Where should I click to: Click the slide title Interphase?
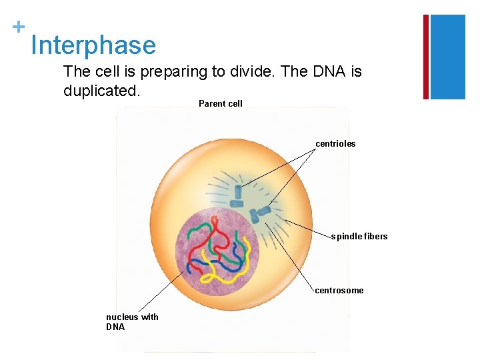pyautogui.click(x=93, y=45)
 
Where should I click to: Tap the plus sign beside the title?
pyautogui.click(x=18, y=27)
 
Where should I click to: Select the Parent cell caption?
pyautogui.click(x=221, y=103)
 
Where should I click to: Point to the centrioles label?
pyautogui.click(x=335, y=143)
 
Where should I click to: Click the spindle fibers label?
pyautogui.click(x=359, y=237)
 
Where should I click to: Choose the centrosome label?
pyautogui.click(x=339, y=290)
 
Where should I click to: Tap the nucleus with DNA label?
pyautogui.click(x=132, y=321)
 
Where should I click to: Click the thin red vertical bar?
pyautogui.click(x=426, y=57)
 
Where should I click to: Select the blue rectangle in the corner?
pyautogui.click(x=449, y=57)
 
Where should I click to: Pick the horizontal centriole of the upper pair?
pyautogui.click(x=237, y=203)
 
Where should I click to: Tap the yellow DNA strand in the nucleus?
pyautogui.click(x=220, y=267)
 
